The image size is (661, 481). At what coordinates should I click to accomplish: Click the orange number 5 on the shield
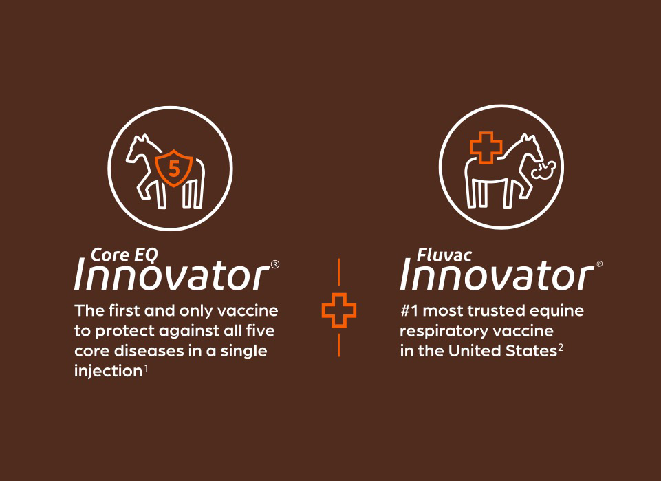(x=174, y=169)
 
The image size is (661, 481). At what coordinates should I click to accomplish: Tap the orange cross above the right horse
(x=486, y=147)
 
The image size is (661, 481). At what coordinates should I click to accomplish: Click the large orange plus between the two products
(x=339, y=310)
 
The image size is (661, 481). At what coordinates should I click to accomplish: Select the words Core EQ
(x=124, y=255)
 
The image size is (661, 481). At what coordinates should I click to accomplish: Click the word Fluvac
(x=444, y=255)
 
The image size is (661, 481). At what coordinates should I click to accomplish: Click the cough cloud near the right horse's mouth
(x=544, y=169)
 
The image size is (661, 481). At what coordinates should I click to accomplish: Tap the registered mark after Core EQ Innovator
(x=275, y=264)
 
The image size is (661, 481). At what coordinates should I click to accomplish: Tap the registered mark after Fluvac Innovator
(x=600, y=264)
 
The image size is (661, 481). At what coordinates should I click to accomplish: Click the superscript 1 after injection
(x=147, y=369)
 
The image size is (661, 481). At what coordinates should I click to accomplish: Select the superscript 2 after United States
(x=561, y=349)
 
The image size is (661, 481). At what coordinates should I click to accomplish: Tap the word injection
(x=109, y=372)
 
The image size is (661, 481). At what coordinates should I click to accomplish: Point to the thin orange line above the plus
(x=339, y=272)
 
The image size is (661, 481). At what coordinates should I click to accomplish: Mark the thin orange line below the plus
(x=339, y=345)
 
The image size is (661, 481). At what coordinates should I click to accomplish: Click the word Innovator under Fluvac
(x=497, y=276)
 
